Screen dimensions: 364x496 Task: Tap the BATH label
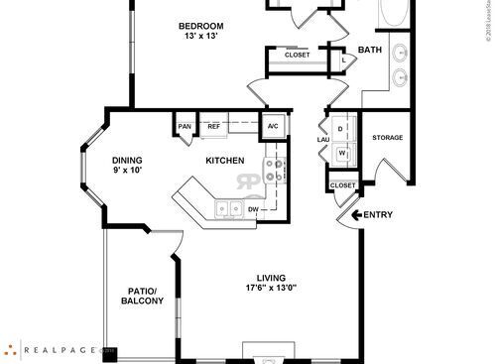click(370, 50)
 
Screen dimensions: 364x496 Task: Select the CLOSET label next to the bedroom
click(297, 55)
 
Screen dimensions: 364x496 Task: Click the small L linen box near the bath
click(342, 60)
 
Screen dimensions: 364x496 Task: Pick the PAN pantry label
click(185, 126)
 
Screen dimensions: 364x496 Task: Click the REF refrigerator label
click(213, 126)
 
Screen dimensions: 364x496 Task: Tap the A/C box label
click(273, 126)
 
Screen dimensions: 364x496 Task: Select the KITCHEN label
click(225, 160)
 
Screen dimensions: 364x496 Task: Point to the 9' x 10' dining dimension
click(126, 172)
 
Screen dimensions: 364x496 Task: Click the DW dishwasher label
click(253, 209)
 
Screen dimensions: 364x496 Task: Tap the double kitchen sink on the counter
click(228, 208)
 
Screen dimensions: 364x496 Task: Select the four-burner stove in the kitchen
click(275, 171)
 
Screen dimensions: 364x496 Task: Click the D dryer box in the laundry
click(341, 129)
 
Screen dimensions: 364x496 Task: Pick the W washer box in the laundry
click(341, 153)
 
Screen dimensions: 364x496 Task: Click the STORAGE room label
click(387, 137)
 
